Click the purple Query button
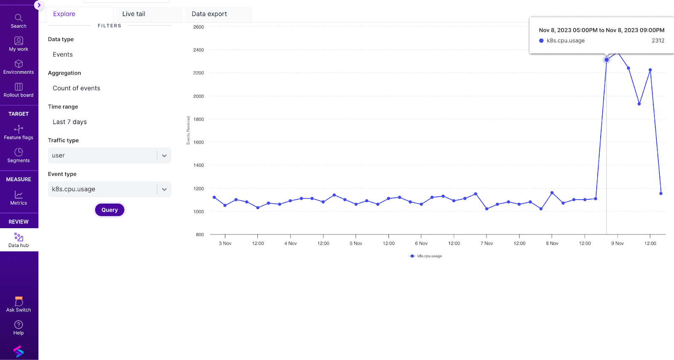(x=110, y=210)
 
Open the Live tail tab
(x=134, y=14)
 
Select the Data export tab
(x=209, y=14)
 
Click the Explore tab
(x=64, y=14)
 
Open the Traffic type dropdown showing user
(x=109, y=156)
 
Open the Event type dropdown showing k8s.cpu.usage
(x=109, y=189)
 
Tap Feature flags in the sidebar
(x=19, y=132)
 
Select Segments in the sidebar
(x=19, y=155)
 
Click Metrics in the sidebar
(x=19, y=198)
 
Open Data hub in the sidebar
(x=19, y=240)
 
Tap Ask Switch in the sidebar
(x=19, y=304)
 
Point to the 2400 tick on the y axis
(x=198, y=50)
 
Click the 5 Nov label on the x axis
(x=356, y=243)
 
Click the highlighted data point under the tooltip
(x=607, y=60)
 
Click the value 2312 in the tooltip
(x=658, y=41)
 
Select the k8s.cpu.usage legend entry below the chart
(x=426, y=256)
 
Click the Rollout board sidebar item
(x=19, y=90)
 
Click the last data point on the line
(x=661, y=193)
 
